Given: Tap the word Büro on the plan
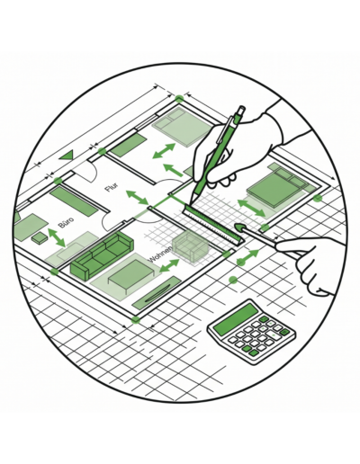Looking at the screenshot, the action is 66,221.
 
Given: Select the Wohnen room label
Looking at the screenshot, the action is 160,254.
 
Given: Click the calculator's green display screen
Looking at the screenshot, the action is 235,319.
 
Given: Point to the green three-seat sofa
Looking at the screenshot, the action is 102,254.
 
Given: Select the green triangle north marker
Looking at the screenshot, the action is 67,156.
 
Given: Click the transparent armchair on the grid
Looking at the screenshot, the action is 190,246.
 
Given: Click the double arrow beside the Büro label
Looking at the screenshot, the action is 57,237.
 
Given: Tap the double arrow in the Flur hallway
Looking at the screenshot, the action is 137,197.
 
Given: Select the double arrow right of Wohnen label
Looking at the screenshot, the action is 169,265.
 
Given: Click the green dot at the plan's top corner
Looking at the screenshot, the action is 179,99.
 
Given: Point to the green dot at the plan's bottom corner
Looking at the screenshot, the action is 136,320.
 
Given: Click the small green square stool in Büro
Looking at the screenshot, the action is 40,238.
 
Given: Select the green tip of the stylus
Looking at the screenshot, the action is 238,227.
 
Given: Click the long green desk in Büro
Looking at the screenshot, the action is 74,201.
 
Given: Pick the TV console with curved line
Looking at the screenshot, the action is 157,293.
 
